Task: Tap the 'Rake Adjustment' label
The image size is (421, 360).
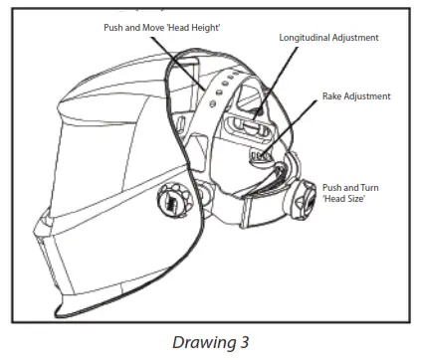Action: point(356,96)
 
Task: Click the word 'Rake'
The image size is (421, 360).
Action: point(335,96)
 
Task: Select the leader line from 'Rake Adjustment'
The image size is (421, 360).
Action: point(299,124)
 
